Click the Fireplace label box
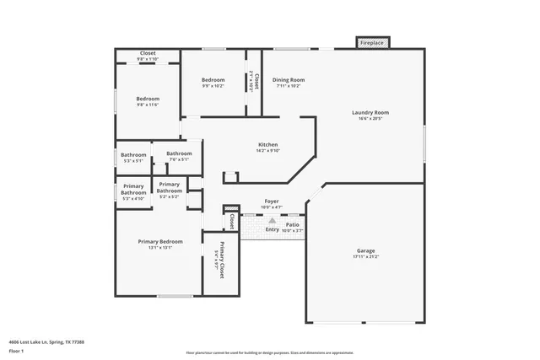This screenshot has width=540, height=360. pyautogui.click(x=371, y=42)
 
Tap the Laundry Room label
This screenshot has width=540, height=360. pyautogui.click(x=370, y=116)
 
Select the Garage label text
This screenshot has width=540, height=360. pyautogui.click(x=365, y=254)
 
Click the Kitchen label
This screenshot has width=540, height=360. pyautogui.click(x=267, y=148)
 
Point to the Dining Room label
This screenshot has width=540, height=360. pyautogui.click(x=288, y=83)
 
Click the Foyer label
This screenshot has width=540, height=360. pyautogui.click(x=272, y=203)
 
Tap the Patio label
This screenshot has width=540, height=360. pyautogui.click(x=293, y=226)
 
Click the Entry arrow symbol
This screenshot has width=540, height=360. pyautogui.click(x=272, y=220)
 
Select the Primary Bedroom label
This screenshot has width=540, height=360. pyautogui.click(x=160, y=244)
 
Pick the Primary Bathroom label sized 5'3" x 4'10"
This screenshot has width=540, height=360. pyautogui.click(x=133, y=191)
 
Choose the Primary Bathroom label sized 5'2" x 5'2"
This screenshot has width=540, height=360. pyautogui.click(x=169, y=190)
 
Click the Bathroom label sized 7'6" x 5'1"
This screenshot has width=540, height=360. pyautogui.click(x=179, y=156)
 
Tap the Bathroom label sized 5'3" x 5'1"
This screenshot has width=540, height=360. pyautogui.click(x=133, y=157)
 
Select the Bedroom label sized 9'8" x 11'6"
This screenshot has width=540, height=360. pyautogui.click(x=148, y=101)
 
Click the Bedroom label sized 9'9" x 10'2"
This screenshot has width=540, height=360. pyautogui.click(x=213, y=83)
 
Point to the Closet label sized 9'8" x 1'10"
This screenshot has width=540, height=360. pyautogui.click(x=148, y=56)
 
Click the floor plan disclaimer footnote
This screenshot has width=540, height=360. pyautogui.click(x=269, y=352)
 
